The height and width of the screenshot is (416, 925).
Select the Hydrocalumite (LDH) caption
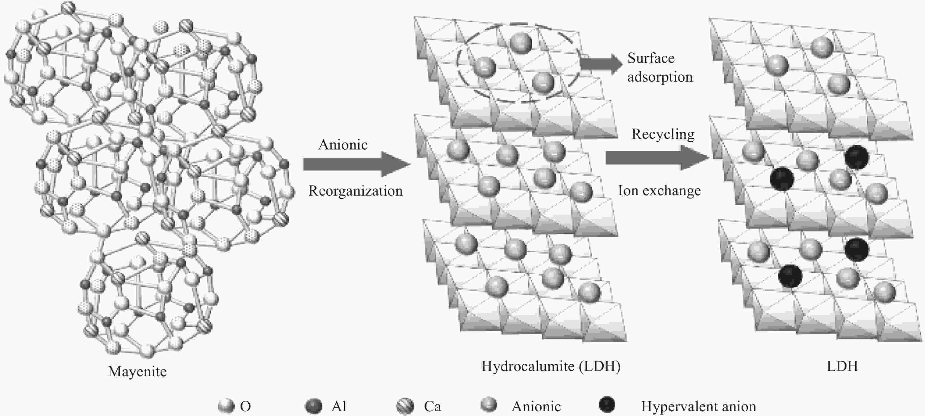click(551, 366)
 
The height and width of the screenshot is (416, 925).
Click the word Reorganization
click(356, 191)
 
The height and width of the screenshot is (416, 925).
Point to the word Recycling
click(663, 134)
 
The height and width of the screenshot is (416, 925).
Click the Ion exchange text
click(659, 191)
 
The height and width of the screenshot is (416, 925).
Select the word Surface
click(651, 58)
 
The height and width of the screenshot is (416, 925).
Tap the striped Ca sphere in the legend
click(405, 406)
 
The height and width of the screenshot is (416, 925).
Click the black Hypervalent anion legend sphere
click(607, 405)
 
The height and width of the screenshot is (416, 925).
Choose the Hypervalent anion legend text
click(698, 406)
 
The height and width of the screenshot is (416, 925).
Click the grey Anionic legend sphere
click(489, 405)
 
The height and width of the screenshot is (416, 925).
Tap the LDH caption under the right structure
click(842, 366)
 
